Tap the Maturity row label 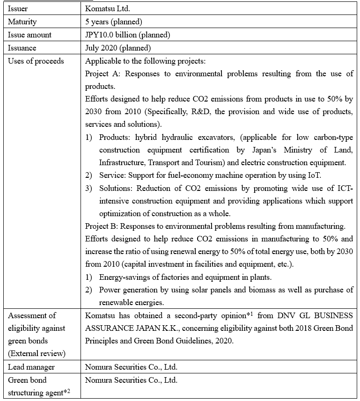click(22, 22)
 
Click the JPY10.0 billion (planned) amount click(127, 35)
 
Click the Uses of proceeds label click(36, 61)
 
